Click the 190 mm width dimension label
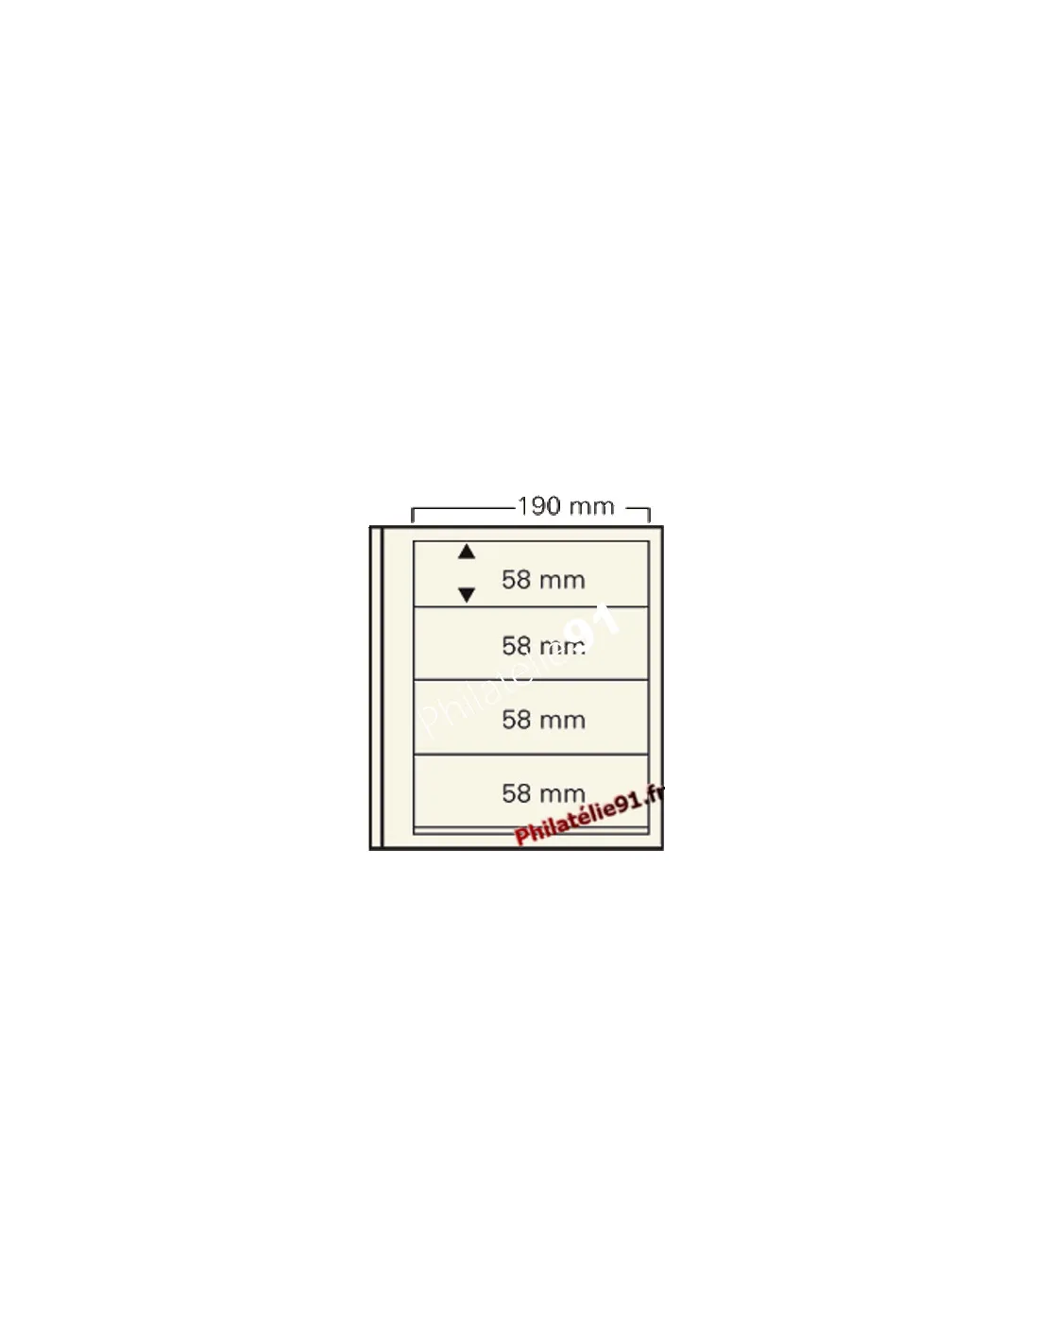tap(566, 507)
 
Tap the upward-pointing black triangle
tap(467, 552)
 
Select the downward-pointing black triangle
tap(467, 595)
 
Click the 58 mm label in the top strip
tap(543, 580)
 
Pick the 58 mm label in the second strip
tap(543, 646)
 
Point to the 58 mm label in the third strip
tap(543, 720)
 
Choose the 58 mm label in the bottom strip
tap(543, 793)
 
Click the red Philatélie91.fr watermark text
tap(589, 814)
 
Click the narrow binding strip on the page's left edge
tap(377, 688)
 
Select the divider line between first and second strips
tap(531, 607)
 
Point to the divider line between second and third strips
tap(531, 680)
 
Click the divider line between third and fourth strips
tap(531, 755)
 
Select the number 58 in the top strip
tap(516, 580)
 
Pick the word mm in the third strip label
tap(562, 722)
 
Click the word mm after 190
tap(591, 508)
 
